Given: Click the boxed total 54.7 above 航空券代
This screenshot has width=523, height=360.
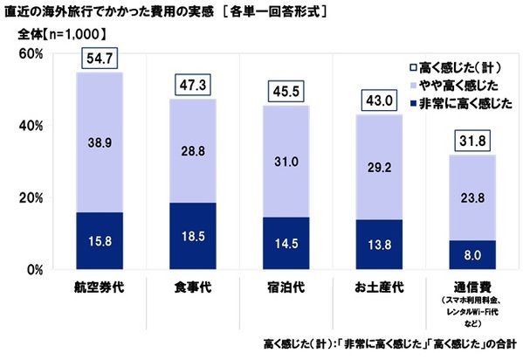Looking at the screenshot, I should (x=99, y=59).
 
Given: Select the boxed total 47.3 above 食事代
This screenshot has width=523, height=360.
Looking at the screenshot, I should (x=193, y=84).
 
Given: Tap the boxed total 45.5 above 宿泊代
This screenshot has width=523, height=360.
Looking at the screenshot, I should (x=286, y=91).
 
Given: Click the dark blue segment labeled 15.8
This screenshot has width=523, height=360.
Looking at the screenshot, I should (x=99, y=240).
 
